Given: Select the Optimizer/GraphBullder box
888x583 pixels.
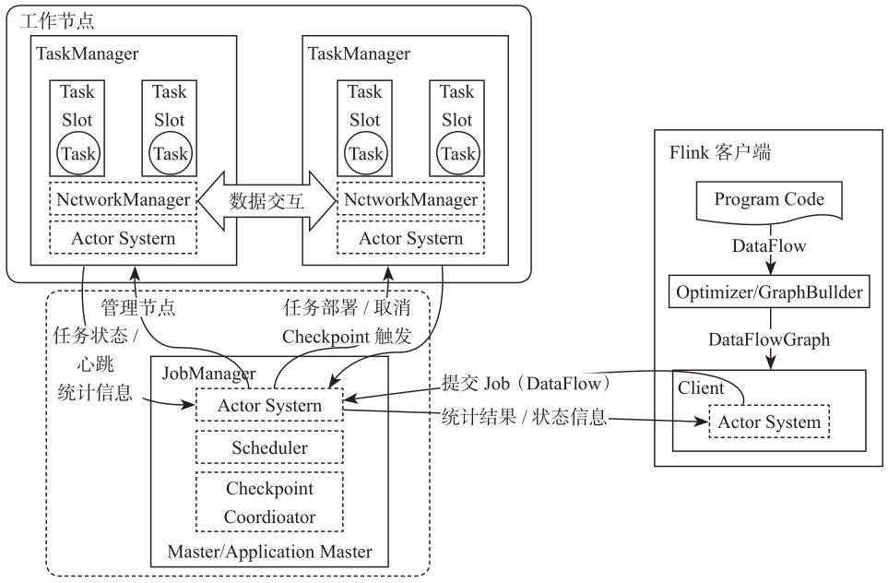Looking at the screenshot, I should point(769,292).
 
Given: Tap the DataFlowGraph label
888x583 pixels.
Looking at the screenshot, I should point(769,339).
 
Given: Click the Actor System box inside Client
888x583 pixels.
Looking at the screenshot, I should point(769,422).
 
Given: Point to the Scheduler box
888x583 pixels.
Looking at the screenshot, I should point(269,447).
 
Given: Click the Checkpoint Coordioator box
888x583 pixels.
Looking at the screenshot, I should point(269,503).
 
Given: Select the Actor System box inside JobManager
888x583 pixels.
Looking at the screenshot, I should point(269,406).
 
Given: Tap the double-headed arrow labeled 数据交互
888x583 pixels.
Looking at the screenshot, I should point(266,200).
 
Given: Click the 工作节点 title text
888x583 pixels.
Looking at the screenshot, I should point(57,20).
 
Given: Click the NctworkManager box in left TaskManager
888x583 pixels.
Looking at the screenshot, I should point(122,199).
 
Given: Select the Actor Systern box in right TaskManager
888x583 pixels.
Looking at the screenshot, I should point(410,239).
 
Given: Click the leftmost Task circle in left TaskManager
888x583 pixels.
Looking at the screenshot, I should point(78,153).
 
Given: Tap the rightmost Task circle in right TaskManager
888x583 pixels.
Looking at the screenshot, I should point(457,153).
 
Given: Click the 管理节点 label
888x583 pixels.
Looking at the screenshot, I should point(138,306).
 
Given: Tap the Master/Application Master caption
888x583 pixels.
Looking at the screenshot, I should point(269,552).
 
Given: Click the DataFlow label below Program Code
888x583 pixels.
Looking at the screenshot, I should point(769,246).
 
